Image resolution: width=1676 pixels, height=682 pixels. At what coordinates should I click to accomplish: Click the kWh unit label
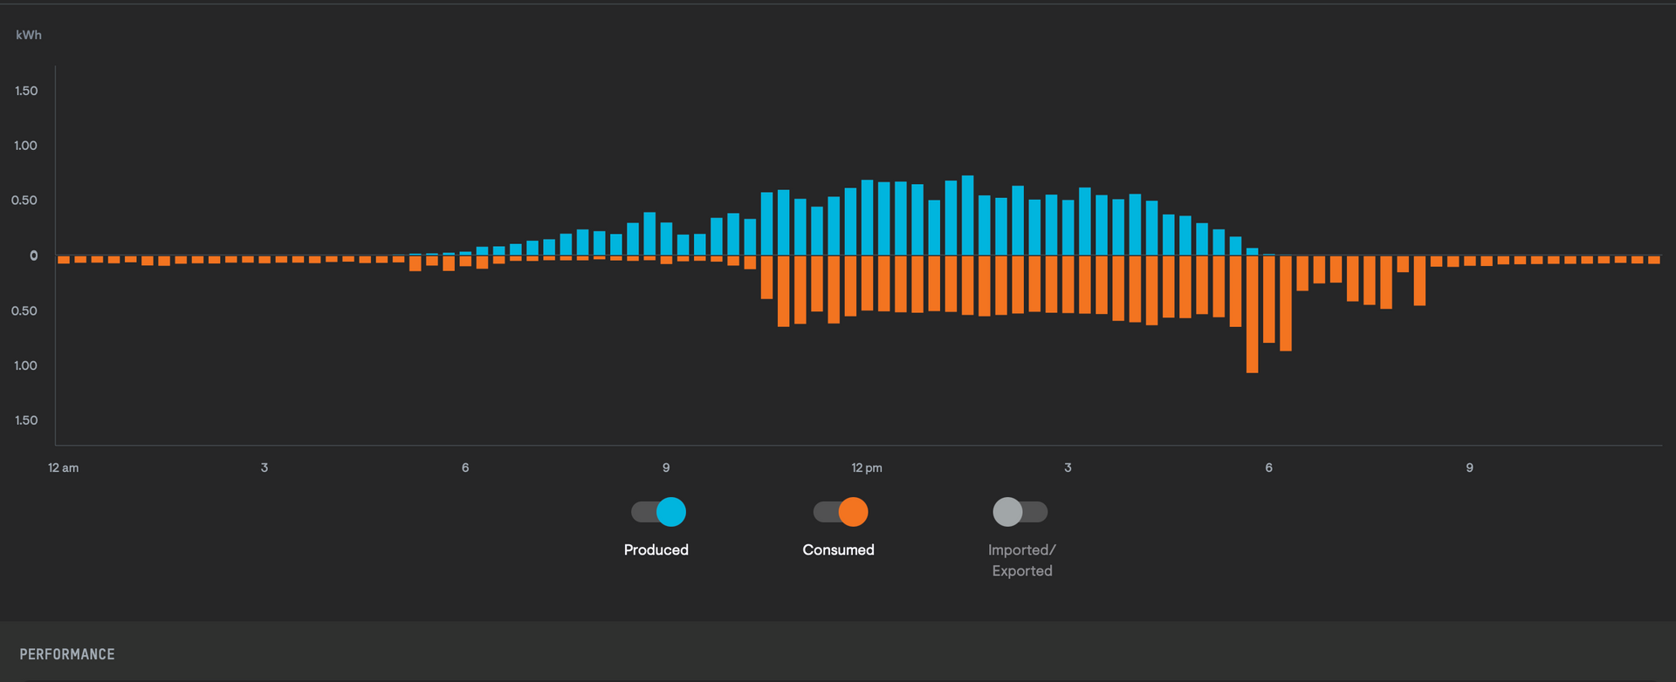point(29,35)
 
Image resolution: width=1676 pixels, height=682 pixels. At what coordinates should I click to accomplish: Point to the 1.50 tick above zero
point(26,91)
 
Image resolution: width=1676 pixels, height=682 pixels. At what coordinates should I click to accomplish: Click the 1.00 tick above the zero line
point(26,146)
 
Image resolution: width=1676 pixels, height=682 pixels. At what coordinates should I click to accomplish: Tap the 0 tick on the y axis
point(34,256)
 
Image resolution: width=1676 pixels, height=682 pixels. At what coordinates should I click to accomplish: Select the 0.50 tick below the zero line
point(24,310)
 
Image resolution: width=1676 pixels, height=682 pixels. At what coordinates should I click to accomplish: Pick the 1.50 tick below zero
point(26,420)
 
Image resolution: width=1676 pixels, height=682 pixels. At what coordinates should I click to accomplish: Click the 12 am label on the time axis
point(63,467)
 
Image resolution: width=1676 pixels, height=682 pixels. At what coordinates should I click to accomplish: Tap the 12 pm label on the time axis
point(867,467)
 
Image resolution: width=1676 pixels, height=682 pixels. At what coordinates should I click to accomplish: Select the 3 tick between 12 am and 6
point(264,467)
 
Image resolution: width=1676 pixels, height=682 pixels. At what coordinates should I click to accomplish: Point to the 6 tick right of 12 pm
point(1268,467)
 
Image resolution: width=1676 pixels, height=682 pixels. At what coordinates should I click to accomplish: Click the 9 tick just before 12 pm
point(666,467)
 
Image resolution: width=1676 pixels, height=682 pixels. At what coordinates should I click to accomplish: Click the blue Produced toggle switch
point(659,512)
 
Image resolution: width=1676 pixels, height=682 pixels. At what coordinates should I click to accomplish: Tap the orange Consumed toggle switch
point(841,512)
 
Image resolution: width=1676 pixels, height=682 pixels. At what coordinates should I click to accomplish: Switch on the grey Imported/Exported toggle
point(1020,512)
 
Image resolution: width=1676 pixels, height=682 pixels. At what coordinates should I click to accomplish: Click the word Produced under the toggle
point(656,549)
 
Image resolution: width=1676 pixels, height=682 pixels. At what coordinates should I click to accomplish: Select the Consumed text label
point(838,549)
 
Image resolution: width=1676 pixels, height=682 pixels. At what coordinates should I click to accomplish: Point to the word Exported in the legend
point(1022,571)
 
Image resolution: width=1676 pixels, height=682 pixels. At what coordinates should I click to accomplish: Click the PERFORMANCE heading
point(67,654)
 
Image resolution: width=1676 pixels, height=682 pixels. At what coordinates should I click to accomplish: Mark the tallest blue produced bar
point(967,215)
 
